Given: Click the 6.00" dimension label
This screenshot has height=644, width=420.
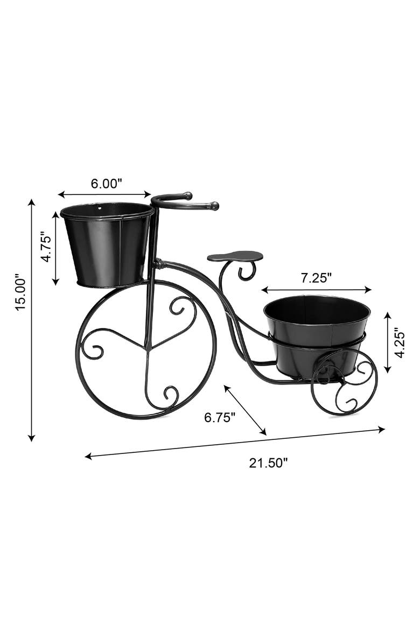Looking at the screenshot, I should [x=106, y=183].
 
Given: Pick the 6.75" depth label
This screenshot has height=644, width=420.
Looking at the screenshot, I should [x=219, y=418].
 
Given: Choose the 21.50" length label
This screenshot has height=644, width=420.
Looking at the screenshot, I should [x=268, y=463].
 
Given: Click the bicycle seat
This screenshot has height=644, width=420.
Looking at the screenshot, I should [x=235, y=256].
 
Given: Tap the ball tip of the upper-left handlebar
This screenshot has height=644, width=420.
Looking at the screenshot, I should [x=187, y=195].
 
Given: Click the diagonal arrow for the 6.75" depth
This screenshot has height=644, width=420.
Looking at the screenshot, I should [x=246, y=410].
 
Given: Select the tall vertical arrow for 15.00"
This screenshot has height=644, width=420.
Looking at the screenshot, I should [x=32, y=320].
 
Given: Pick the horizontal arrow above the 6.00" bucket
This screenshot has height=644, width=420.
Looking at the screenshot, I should [x=104, y=194].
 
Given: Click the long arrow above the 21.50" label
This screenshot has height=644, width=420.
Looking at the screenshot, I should [x=235, y=443].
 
